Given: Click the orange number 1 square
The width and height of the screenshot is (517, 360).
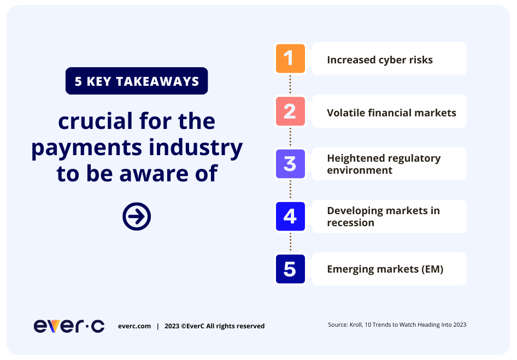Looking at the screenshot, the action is pos(290,58).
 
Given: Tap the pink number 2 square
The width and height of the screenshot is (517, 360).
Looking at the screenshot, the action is pos(290,111).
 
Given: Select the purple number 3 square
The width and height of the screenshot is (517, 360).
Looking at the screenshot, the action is pos(290,164).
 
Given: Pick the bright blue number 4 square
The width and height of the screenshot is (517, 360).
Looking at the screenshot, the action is pos(290,216).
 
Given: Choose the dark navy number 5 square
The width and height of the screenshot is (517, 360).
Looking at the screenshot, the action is pos(290,269).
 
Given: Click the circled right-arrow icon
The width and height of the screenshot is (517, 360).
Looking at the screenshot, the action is pos(137,216).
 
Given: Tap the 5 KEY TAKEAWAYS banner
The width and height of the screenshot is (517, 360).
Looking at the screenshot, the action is pos(137,81).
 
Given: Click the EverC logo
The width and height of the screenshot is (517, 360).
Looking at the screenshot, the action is pos(69,326).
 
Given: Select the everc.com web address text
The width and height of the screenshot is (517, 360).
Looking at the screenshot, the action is pos(134,326).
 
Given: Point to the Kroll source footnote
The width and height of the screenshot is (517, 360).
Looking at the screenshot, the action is pos(397,324).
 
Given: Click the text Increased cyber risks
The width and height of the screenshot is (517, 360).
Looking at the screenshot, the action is pos(380,60).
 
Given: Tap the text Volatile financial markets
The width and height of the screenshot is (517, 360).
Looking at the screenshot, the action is pos(391,113).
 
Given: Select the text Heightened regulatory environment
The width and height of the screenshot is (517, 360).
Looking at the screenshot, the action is pos(384,164).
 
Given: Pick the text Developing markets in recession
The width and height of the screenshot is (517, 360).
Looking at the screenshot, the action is pos(384,216).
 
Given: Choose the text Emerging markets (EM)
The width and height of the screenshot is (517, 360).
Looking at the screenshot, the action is pos(385,269).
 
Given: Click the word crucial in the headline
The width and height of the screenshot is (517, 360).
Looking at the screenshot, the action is pos(95,121).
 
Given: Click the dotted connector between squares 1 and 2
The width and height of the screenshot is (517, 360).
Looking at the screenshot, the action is pos(290,85).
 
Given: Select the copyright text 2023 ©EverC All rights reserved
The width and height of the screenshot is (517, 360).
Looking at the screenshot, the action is pos(214,326).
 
